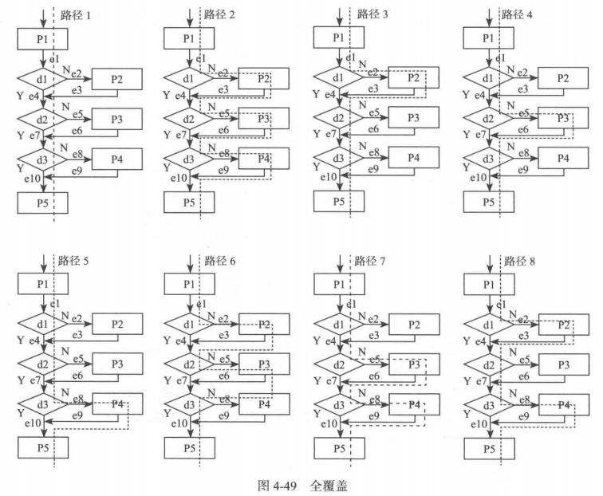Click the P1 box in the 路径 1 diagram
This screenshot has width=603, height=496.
tap(43, 38)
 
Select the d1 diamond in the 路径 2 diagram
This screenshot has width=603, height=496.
tap(189, 79)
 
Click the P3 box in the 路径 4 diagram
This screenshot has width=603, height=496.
tap(563, 119)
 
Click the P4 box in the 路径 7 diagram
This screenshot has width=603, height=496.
tap(413, 405)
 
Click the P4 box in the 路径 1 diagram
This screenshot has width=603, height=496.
tap(117, 159)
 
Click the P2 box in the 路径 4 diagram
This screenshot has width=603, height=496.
tap(563, 78)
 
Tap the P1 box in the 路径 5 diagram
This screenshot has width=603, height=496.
tap(43, 285)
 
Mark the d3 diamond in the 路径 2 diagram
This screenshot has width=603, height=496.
tap(189, 159)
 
